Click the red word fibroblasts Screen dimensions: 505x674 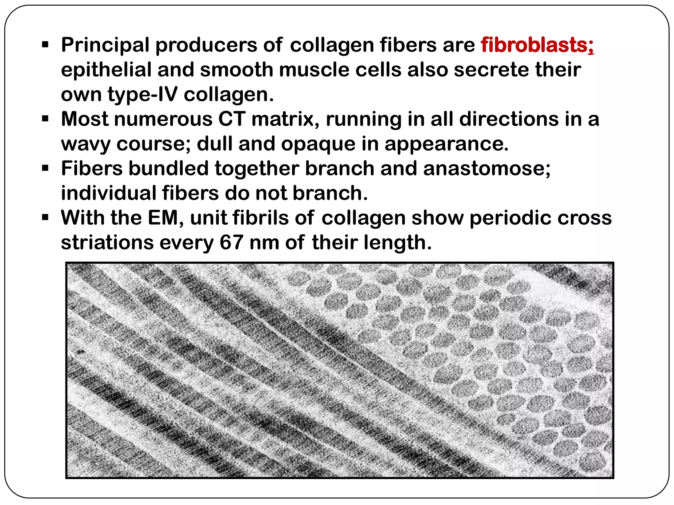[x=537, y=45]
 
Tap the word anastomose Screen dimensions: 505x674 [x=486, y=168]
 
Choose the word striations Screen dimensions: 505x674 [x=107, y=242]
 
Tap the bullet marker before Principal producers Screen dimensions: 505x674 [x=45, y=44]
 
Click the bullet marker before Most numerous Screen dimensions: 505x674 [x=45, y=118]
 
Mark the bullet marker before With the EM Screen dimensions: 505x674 [x=45, y=217]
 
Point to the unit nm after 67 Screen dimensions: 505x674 [x=264, y=242]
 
